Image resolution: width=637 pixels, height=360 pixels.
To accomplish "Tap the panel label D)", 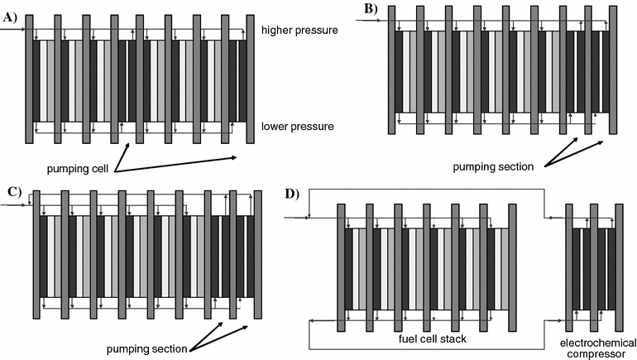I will pos(290,194).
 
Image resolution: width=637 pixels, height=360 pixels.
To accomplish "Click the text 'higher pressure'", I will pos(299,31).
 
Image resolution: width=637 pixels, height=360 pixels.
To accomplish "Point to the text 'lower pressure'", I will pos(298,127).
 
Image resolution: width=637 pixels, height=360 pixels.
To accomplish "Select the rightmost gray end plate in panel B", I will pos(613,70).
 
